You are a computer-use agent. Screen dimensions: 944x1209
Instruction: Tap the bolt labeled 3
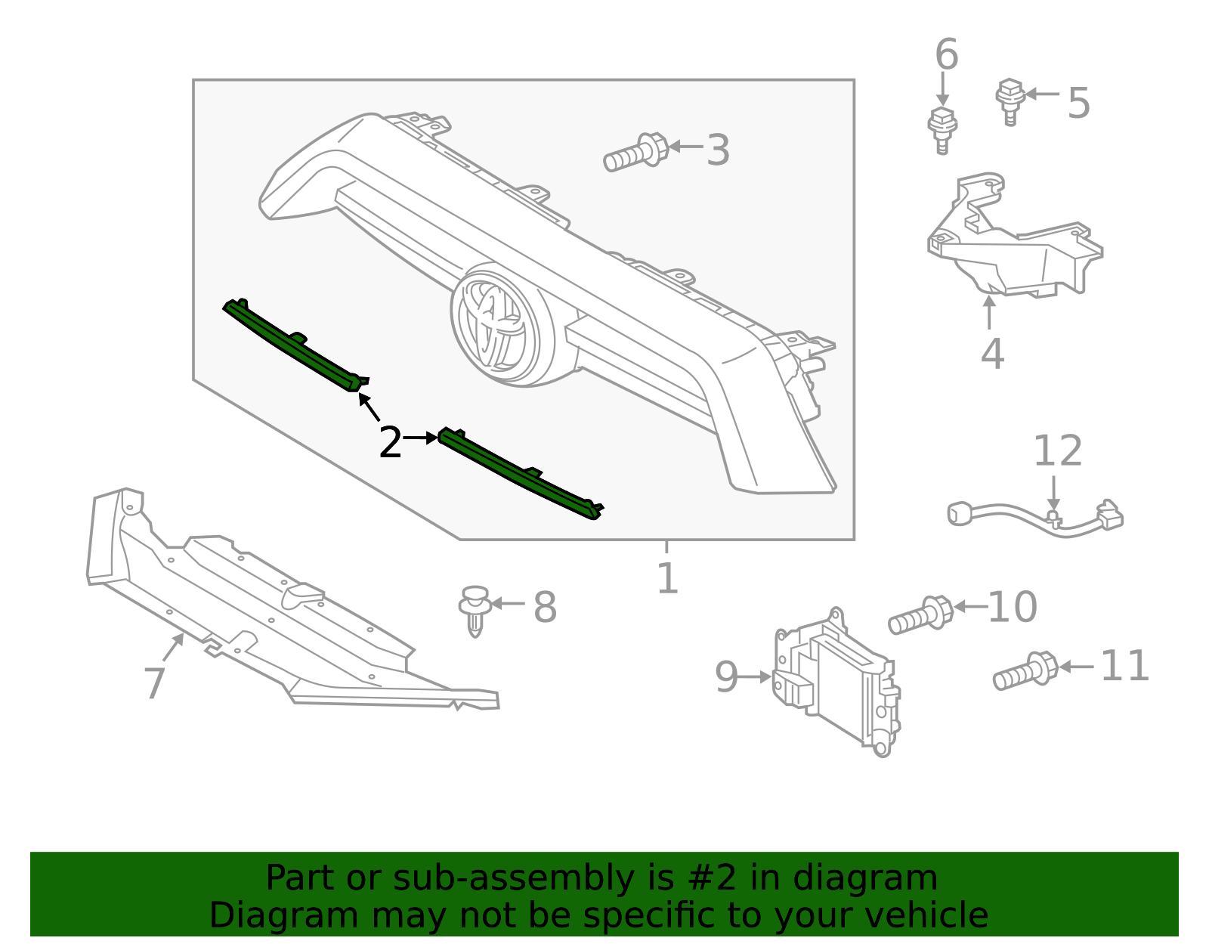tap(635, 153)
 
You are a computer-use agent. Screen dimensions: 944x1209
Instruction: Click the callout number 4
tap(991, 354)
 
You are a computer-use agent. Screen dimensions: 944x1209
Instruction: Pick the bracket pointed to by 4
tap(1013, 242)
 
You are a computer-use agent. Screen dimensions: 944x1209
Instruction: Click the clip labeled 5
tap(1009, 100)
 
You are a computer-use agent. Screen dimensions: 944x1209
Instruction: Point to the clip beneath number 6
tap(942, 130)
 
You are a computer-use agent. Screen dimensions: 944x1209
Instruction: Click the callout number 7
tap(154, 682)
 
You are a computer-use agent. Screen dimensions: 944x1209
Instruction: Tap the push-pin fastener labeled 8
tap(474, 608)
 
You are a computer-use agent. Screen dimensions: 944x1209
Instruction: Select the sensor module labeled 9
tap(835, 680)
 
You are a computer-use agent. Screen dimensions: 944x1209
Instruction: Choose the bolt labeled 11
tap(1025, 671)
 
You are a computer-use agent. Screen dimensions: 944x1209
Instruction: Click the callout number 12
tap(1057, 451)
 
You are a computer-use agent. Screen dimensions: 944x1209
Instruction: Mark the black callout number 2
tap(390, 442)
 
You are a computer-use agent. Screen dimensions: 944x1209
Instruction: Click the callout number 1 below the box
tap(667, 578)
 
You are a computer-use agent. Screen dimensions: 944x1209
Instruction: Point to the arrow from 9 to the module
tap(754, 677)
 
